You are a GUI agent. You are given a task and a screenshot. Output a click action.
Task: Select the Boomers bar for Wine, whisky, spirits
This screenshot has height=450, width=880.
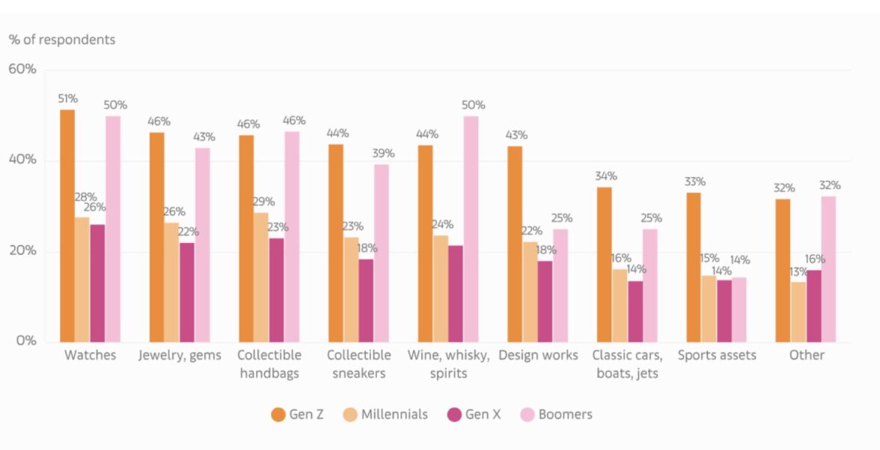tap(471, 229)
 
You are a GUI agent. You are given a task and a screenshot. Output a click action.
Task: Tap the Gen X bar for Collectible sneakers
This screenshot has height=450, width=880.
tap(366, 300)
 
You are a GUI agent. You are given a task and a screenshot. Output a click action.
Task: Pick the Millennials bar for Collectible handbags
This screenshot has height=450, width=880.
tap(261, 277)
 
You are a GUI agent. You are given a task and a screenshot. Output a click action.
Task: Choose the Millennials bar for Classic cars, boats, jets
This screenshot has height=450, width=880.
tap(620, 305)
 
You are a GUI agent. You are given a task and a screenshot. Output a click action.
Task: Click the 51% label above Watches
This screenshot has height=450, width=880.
tap(68, 99)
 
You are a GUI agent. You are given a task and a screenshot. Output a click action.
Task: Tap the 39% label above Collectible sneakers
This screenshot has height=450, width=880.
tap(382, 153)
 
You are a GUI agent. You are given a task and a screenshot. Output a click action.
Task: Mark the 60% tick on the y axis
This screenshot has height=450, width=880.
tap(22, 70)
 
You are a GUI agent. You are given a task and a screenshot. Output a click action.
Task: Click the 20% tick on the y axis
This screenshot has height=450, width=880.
tap(22, 251)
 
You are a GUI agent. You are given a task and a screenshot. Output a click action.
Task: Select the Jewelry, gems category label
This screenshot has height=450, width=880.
tap(180, 356)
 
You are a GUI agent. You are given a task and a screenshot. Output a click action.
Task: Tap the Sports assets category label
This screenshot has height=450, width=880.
tap(717, 356)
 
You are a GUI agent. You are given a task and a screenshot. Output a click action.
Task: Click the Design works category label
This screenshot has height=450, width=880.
tap(538, 356)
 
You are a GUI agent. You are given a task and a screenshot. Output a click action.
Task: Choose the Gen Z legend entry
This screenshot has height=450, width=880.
tap(298, 414)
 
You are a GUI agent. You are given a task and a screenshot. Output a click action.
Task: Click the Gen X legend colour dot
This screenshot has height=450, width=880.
tap(453, 414)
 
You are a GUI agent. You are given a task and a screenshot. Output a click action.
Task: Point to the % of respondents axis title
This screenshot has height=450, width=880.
tap(62, 40)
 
